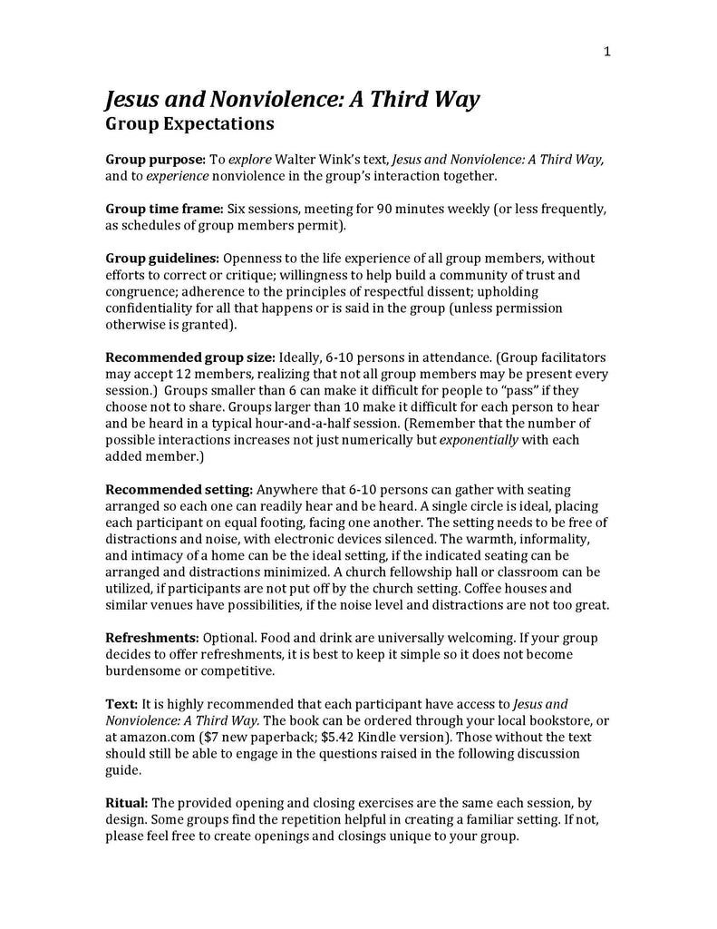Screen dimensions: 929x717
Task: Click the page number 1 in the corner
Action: coord(606,52)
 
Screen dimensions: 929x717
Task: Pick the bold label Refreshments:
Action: coord(152,639)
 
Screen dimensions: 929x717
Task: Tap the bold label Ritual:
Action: coord(127,804)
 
